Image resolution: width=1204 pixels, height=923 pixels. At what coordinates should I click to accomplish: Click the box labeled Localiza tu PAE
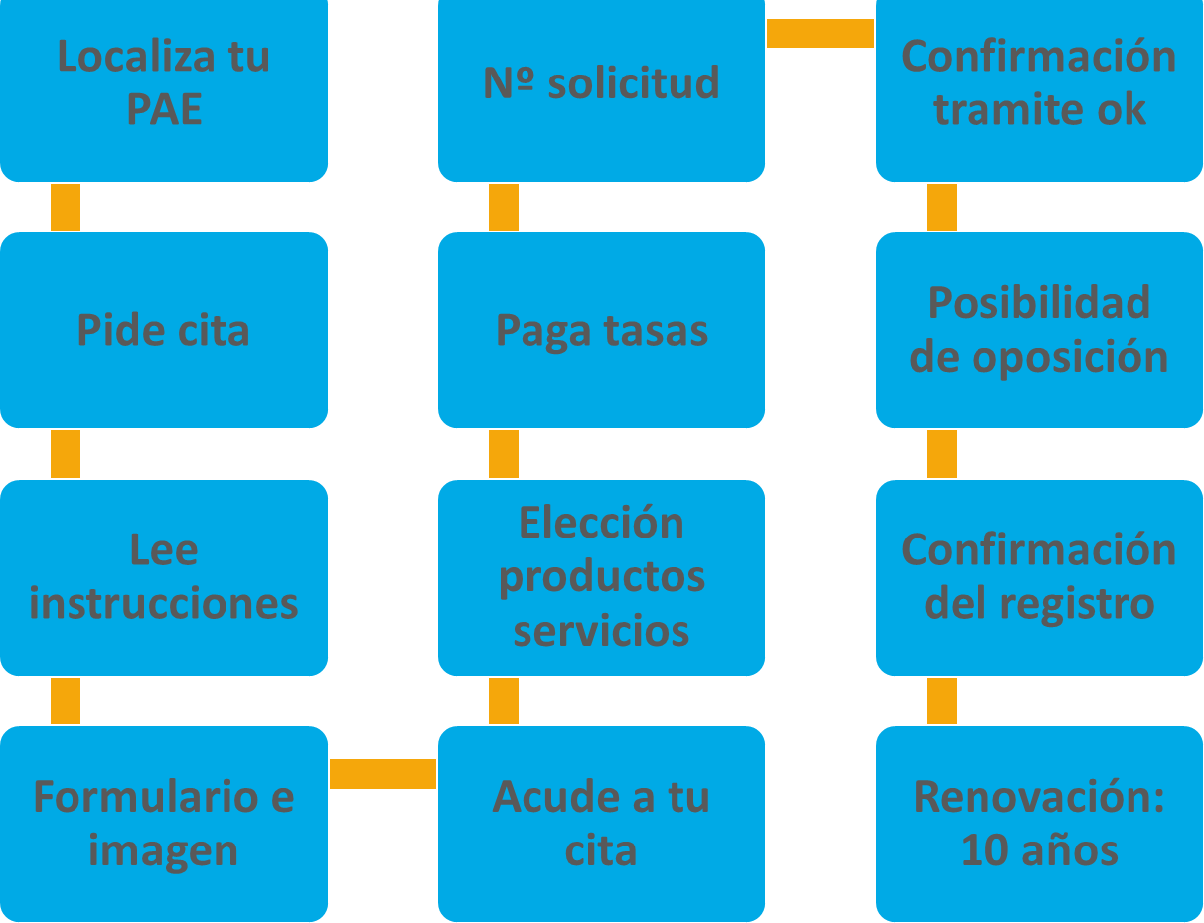click(164, 89)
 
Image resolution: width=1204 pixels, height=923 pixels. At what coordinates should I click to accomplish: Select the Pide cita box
click(164, 330)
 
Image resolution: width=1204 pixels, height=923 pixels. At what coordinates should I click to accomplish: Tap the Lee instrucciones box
click(164, 577)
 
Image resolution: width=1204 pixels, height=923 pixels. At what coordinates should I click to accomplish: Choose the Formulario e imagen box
click(164, 824)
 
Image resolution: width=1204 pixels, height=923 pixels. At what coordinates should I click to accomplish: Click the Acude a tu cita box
click(601, 824)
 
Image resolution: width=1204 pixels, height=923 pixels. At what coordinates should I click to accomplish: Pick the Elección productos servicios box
click(601, 577)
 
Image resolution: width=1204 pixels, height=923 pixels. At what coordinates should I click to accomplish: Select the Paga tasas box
click(601, 330)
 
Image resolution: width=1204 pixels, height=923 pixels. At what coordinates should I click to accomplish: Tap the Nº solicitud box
click(601, 89)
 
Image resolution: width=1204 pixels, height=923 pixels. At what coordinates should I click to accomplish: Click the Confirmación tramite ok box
click(1039, 89)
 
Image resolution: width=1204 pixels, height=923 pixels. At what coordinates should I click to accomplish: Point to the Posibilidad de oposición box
click(1039, 330)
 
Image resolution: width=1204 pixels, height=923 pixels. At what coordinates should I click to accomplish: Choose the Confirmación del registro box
click(1039, 577)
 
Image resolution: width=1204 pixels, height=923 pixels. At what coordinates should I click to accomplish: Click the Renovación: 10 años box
click(1039, 824)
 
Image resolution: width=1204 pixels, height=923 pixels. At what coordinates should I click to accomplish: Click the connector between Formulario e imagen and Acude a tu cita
click(382, 774)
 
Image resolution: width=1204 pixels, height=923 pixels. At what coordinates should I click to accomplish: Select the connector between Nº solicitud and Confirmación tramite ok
click(821, 34)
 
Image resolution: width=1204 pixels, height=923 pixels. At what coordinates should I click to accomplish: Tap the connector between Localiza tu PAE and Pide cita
click(66, 207)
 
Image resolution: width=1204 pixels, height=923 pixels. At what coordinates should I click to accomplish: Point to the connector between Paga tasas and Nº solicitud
click(504, 207)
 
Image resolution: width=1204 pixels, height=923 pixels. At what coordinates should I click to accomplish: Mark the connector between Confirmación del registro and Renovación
click(942, 700)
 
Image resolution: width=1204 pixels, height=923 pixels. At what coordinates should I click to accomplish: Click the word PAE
click(164, 109)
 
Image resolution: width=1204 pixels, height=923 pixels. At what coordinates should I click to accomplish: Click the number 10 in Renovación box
click(981, 851)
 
